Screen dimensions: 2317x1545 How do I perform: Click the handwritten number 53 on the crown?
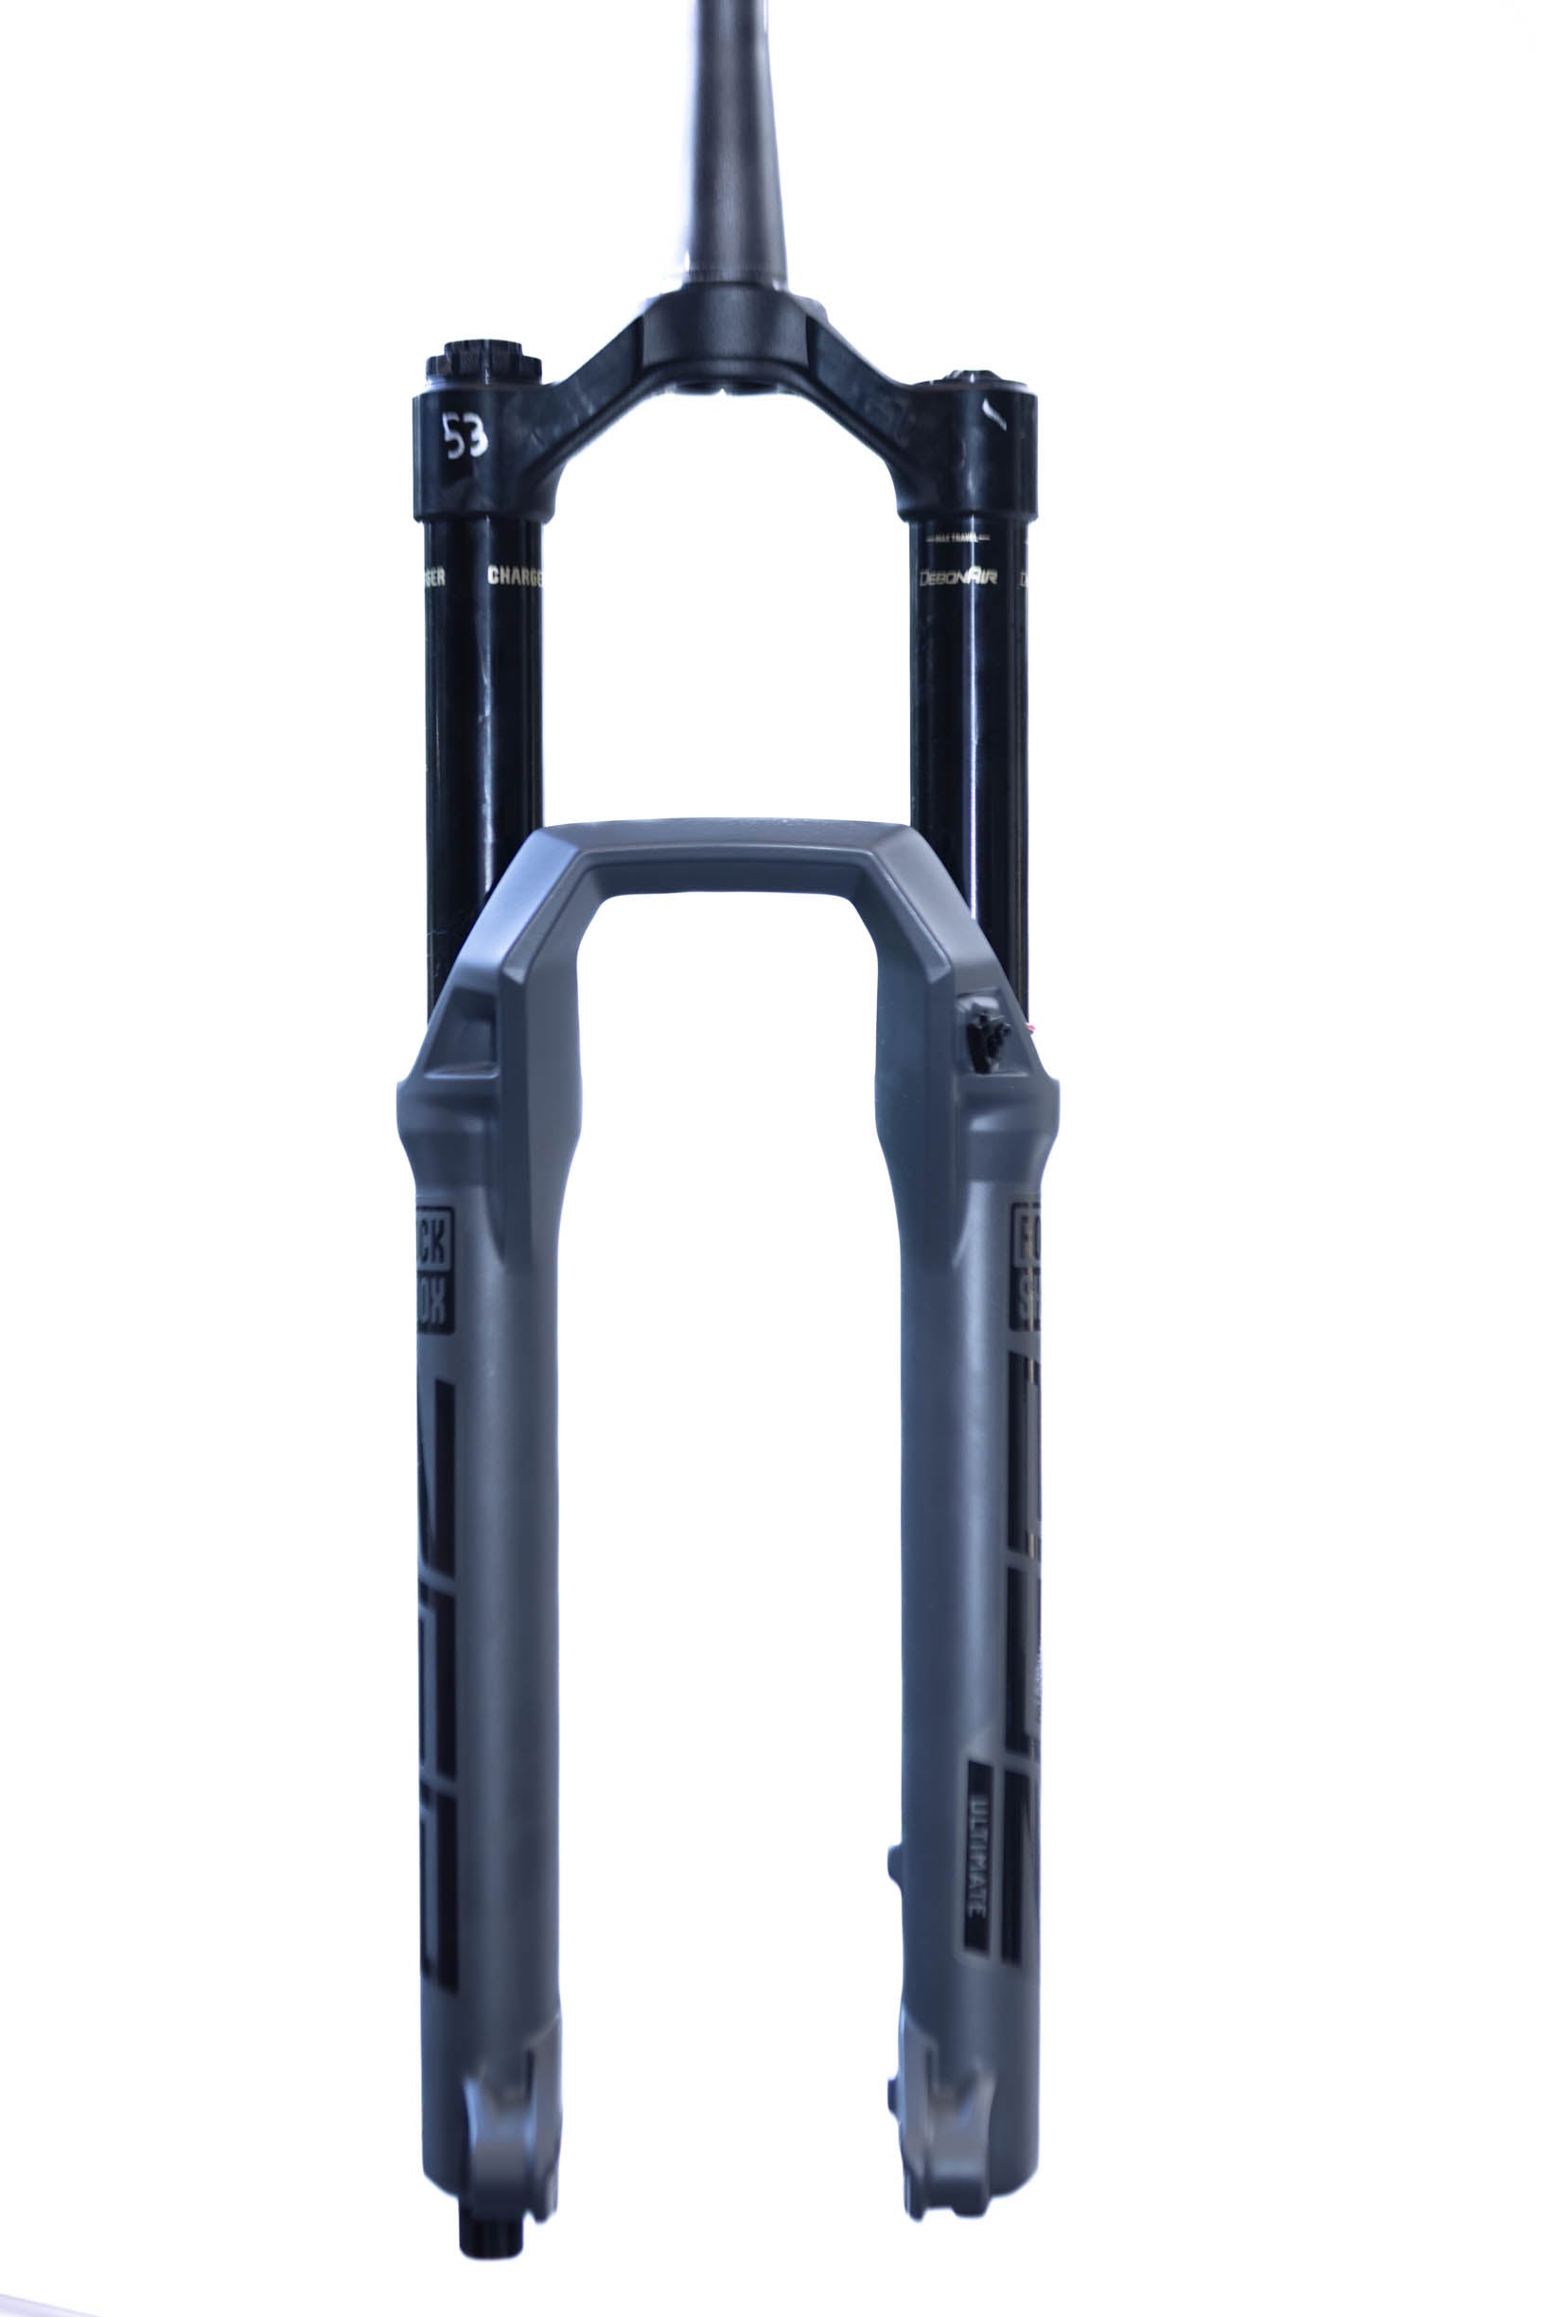click(465, 434)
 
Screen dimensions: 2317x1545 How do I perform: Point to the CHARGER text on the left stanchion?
click(515, 575)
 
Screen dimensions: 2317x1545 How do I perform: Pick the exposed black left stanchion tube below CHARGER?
click(483, 748)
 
